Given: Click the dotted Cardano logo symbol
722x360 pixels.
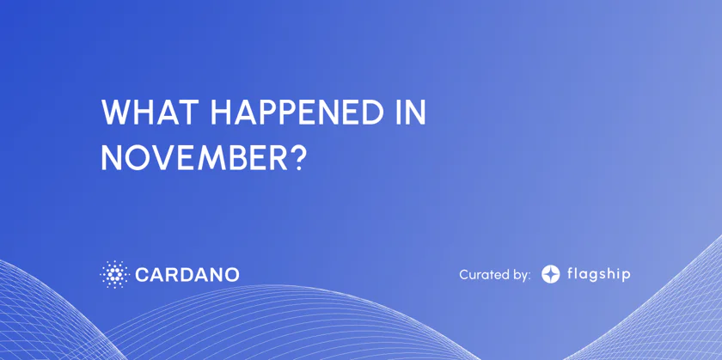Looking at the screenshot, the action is click(x=114, y=275).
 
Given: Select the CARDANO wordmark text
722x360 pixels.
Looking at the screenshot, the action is click(x=187, y=275).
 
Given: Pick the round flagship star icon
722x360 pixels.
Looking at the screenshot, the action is click(x=550, y=274).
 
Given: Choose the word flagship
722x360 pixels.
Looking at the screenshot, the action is click(x=598, y=275).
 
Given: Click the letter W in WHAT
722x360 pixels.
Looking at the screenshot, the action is click(x=115, y=112).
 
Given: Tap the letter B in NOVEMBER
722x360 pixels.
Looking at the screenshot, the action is click(x=234, y=158).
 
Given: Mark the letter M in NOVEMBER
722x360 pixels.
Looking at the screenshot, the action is click(x=207, y=158).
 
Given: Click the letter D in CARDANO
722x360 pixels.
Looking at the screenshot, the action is click(x=187, y=275).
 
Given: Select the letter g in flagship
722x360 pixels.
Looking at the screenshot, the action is click(x=591, y=278).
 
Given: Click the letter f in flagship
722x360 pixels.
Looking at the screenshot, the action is click(x=571, y=274).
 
